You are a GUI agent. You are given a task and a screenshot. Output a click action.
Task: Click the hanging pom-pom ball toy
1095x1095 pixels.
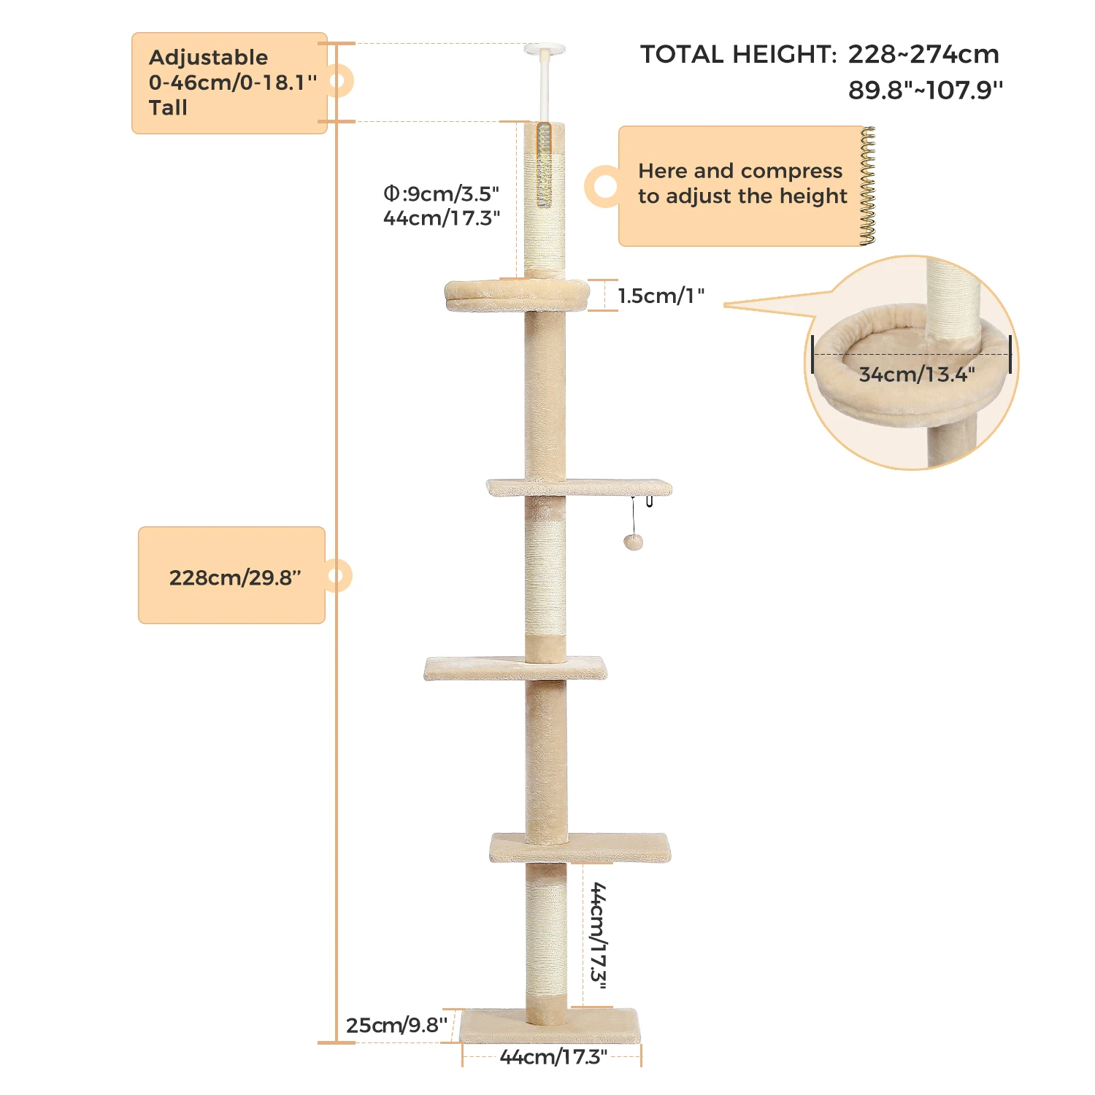pos(633,542)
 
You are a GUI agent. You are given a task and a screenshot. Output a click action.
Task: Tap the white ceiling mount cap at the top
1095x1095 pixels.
pos(544,50)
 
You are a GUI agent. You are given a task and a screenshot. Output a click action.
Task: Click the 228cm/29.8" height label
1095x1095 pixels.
pos(234,577)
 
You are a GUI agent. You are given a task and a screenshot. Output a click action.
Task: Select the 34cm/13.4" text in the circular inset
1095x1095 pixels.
pos(916,374)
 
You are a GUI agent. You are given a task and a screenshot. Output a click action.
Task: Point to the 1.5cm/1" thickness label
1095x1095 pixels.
pos(661,296)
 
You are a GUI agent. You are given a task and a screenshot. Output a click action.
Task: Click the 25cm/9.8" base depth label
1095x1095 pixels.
pos(396,1025)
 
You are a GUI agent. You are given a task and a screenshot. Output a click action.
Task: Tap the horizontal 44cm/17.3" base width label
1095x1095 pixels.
pos(553,1056)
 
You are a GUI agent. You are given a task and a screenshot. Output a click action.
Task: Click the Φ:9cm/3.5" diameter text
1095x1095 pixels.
pos(442,193)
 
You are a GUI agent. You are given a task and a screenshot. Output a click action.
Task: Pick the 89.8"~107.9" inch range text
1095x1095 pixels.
pos(925,91)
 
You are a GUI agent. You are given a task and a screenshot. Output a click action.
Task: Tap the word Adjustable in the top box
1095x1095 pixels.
pos(208,58)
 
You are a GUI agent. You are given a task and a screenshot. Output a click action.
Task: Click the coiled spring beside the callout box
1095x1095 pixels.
pos(867,185)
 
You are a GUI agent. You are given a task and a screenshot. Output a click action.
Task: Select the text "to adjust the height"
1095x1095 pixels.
pos(742,196)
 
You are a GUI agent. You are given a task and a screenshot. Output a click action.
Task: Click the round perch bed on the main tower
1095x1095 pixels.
pos(517,294)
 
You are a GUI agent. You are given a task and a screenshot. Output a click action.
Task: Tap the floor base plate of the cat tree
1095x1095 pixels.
pos(550,1026)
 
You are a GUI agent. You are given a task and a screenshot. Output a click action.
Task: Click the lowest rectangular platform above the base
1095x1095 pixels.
pos(580,848)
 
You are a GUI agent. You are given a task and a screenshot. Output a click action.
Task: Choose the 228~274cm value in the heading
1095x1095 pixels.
pos(923,55)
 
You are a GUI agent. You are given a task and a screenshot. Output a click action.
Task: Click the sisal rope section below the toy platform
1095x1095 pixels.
pos(545,577)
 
